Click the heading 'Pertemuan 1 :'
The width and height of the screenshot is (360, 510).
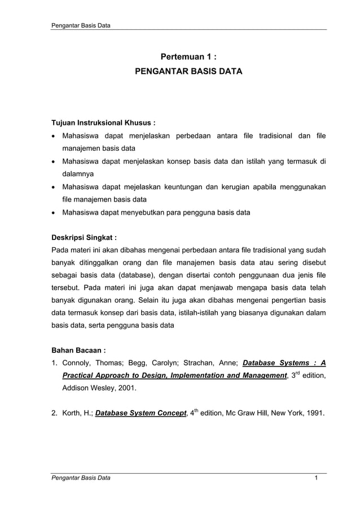click(x=188, y=56)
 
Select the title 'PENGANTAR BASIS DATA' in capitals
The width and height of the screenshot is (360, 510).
click(x=188, y=72)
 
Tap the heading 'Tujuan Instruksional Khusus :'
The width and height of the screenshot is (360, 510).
click(x=103, y=122)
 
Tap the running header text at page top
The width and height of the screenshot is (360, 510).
click(x=81, y=26)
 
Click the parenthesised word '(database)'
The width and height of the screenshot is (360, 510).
click(x=139, y=276)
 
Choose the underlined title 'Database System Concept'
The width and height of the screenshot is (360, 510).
click(x=141, y=413)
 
